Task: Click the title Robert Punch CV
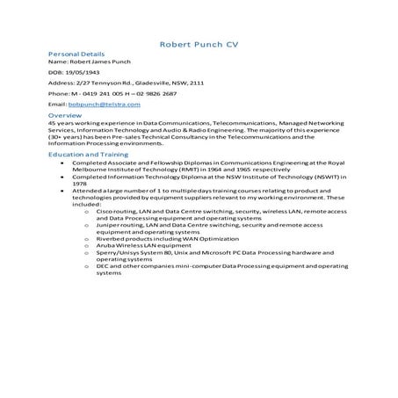pos(199,44)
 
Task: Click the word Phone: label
pos(58,93)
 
